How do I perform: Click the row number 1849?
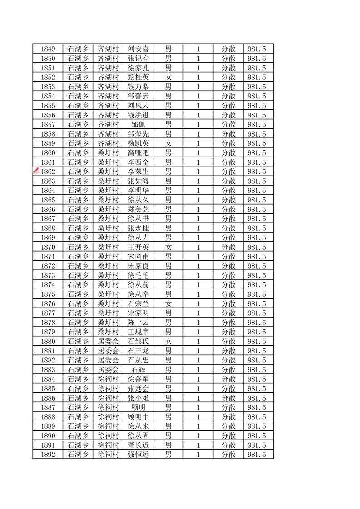pos(48,49)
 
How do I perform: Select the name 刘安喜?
pos(138,49)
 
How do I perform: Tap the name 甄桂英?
pos(138,77)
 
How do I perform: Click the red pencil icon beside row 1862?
pos(35,171)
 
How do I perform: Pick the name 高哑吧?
pos(138,153)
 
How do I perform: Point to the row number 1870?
pos(48,247)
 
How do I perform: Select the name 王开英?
pos(138,247)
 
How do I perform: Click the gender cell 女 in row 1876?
pos(168,304)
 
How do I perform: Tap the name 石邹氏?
pos(138,342)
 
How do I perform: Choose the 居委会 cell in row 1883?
pos(108,370)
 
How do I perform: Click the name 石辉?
pos(138,370)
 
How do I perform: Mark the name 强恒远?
pos(138,455)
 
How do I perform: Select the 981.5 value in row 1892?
pos(257,455)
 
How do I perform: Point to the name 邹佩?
pos(138,124)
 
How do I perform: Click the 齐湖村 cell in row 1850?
pos(108,59)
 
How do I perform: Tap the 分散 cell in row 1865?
pos(228,200)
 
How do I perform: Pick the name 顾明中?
pos(138,417)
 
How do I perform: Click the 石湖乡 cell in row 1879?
pos(78,332)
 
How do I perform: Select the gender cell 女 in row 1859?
pos(168,143)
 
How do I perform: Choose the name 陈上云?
pos(138,323)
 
